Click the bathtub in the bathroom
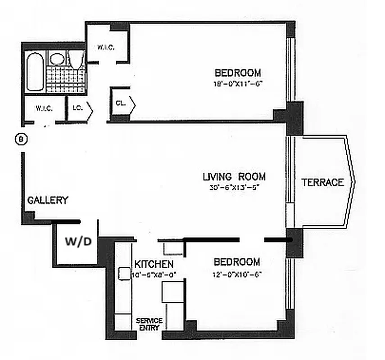pos(35,72)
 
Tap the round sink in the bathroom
pos(56,58)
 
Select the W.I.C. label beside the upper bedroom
pos(106,47)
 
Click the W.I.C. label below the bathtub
pos(44,109)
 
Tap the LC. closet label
pos(76,108)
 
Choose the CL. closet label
pos(120,103)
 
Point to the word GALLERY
pos(48,200)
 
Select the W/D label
pos(78,242)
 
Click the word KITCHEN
pos(152,264)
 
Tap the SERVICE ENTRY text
pos(149,324)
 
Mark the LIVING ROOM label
pos(234,176)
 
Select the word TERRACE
pos(322,182)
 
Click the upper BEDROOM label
pos(237,72)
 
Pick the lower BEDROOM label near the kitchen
pos(236,262)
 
